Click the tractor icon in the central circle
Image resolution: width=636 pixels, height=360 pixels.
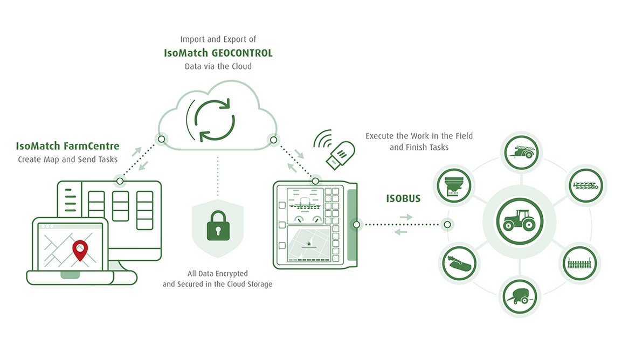tap(520, 221)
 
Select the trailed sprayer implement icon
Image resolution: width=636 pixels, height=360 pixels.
tap(522, 153)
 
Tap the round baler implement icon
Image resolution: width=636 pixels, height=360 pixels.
tap(520, 297)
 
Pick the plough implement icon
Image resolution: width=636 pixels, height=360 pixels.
tap(585, 186)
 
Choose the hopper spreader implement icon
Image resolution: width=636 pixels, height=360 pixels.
tap(454, 186)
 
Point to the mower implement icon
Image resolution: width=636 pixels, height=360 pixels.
tap(459, 263)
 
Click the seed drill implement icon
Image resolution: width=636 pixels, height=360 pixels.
tap(579, 263)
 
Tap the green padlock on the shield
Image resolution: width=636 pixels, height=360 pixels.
tap(218, 226)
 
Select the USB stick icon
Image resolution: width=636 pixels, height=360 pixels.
tap(341, 155)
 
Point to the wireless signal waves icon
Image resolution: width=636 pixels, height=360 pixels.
tap(323, 139)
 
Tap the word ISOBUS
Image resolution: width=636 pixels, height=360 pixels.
tap(403, 198)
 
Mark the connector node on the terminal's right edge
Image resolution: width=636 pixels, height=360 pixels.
tap(356, 224)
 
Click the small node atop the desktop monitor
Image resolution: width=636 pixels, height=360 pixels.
tap(120, 181)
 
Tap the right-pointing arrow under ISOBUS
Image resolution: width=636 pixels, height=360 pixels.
tap(406, 217)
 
